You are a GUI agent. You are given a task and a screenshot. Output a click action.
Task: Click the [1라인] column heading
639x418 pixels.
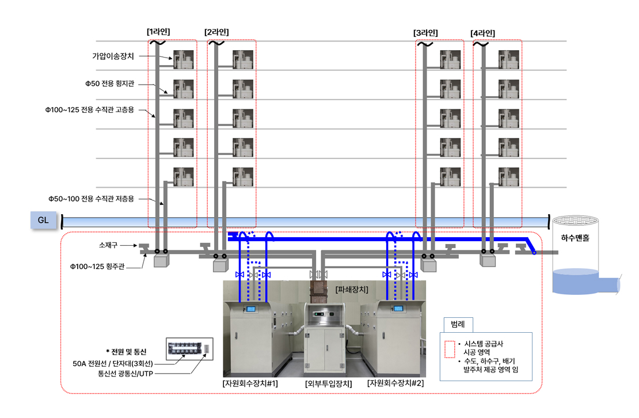[158, 32]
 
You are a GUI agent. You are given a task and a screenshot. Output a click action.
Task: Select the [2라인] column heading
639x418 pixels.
[216, 32]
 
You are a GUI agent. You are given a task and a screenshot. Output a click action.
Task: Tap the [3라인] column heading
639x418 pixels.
[425, 33]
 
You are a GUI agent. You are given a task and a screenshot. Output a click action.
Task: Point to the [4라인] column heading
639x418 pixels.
[482, 33]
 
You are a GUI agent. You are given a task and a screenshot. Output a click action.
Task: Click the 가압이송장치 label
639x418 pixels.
[113, 56]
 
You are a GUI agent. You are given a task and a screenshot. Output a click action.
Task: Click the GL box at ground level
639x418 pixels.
[43, 219]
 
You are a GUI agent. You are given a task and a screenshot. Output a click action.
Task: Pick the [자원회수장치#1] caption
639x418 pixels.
[250, 383]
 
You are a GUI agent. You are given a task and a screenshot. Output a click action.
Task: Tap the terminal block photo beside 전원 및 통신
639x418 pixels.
[189, 348]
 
